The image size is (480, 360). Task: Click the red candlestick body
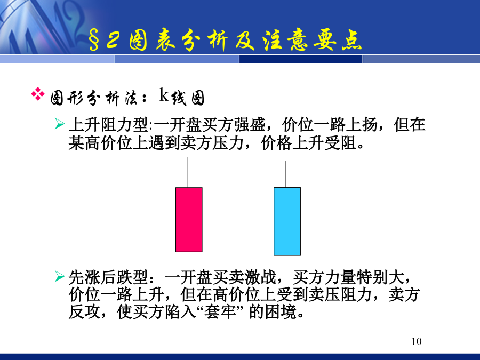[189, 220]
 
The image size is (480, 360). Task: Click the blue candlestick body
[287, 221]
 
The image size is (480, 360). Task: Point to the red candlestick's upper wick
[187, 172]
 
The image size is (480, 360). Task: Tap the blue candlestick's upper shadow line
[285, 174]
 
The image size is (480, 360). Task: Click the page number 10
[417, 341]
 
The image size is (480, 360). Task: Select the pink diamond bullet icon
[38, 94]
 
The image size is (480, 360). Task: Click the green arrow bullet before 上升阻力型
[59, 124]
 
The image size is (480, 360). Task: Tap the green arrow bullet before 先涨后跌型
[59, 276]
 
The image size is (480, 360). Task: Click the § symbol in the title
[94, 41]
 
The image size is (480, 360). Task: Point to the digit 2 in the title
[113, 40]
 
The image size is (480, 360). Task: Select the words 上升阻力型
[108, 125]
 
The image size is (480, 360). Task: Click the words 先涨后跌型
[108, 277]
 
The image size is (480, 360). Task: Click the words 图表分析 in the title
[179, 40]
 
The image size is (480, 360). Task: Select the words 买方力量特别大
[348, 277]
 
